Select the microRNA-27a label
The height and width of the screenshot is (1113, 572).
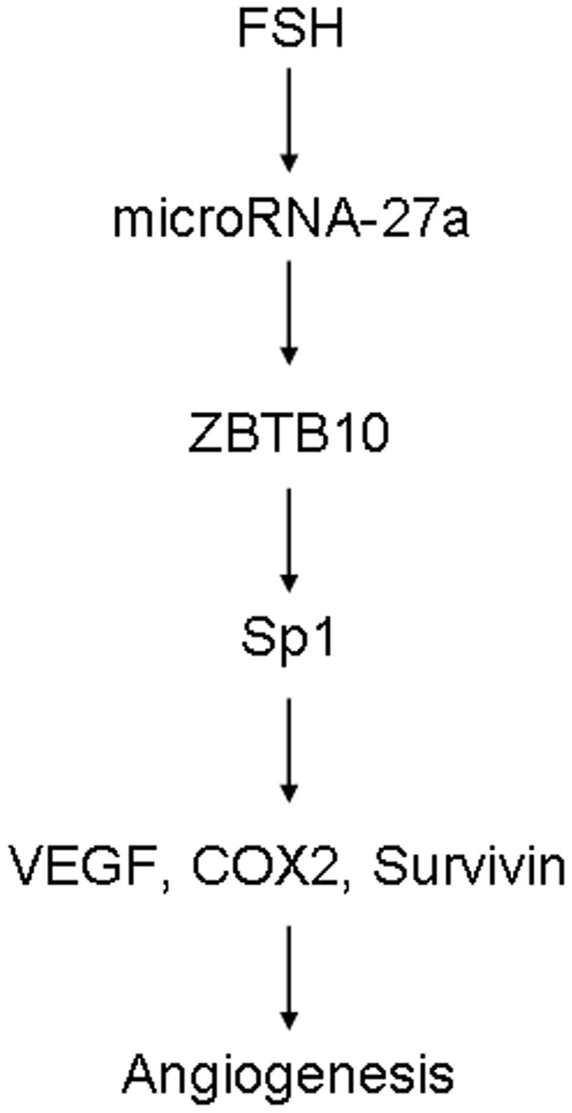tap(290, 220)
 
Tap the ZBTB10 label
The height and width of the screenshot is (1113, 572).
tap(289, 434)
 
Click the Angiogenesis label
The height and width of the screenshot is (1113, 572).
tap(289, 1073)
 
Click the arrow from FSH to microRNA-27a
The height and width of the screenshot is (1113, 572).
tap(289, 118)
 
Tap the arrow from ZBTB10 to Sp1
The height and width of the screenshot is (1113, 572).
tap(289, 538)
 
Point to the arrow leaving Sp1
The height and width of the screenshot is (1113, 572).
tap(289, 749)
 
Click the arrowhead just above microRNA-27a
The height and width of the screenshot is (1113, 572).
tap(289, 163)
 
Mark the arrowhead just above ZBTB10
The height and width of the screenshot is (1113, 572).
tap(289, 356)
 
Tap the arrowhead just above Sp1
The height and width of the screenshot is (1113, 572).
tap(289, 583)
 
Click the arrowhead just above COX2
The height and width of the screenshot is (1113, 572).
tap(289, 794)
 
